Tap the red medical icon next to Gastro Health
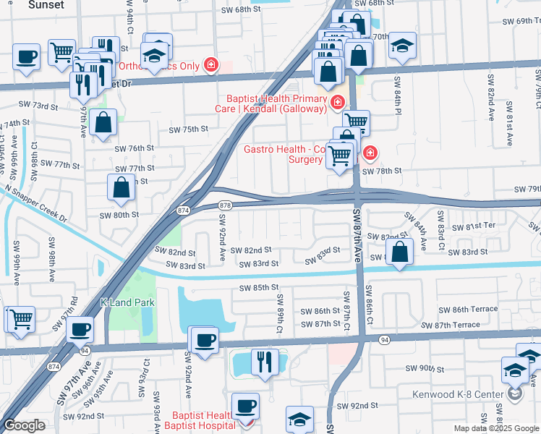[370, 153]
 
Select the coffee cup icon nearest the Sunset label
[27, 56]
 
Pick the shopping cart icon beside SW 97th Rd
[20, 318]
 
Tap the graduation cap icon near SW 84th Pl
[402, 47]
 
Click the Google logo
[25, 425]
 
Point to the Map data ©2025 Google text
[496, 428]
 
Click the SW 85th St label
[259, 288]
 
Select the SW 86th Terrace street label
[469, 309]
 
